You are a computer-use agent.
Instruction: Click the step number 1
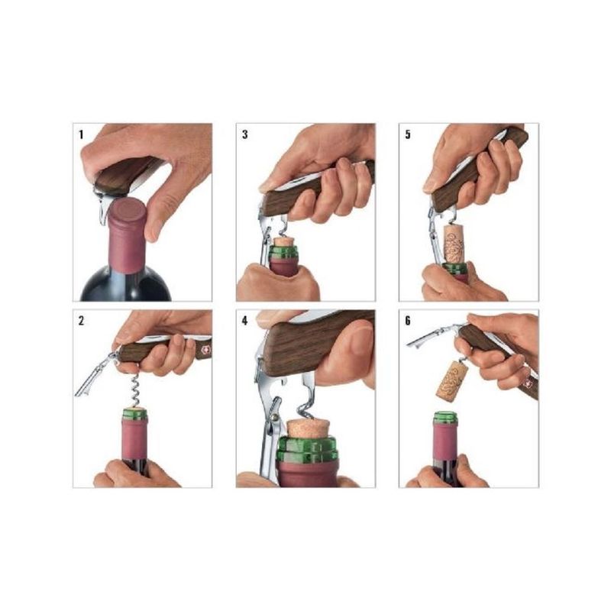click(81, 135)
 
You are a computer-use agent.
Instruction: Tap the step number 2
click(81, 321)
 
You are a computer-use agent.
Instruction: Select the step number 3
click(244, 135)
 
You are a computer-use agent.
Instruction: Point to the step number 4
click(244, 321)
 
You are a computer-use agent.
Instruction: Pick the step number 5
click(408, 135)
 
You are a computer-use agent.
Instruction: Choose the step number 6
click(408, 321)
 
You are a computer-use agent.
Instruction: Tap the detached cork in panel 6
click(451, 380)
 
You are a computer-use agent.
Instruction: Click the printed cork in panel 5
click(454, 244)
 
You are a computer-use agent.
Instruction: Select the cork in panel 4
click(308, 428)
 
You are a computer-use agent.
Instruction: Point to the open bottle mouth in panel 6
click(445, 417)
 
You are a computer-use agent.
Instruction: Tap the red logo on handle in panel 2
click(205, 351)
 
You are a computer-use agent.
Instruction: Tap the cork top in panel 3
click(284, 241)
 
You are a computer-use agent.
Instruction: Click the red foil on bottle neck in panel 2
click(135, 438)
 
